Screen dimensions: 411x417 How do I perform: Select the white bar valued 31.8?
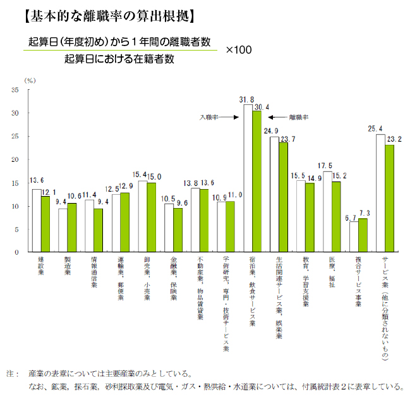click(x=248, y=178)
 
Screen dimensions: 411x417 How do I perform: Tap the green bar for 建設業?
click(x=45, y=224)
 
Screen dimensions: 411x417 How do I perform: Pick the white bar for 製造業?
click(x=63, y=230)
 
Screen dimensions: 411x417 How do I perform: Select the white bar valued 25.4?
click(x=380, y=193)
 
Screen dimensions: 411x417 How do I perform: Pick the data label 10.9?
click(x=221, y=197)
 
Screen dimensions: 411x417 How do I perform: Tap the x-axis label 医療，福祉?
click(x=330, y=273)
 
